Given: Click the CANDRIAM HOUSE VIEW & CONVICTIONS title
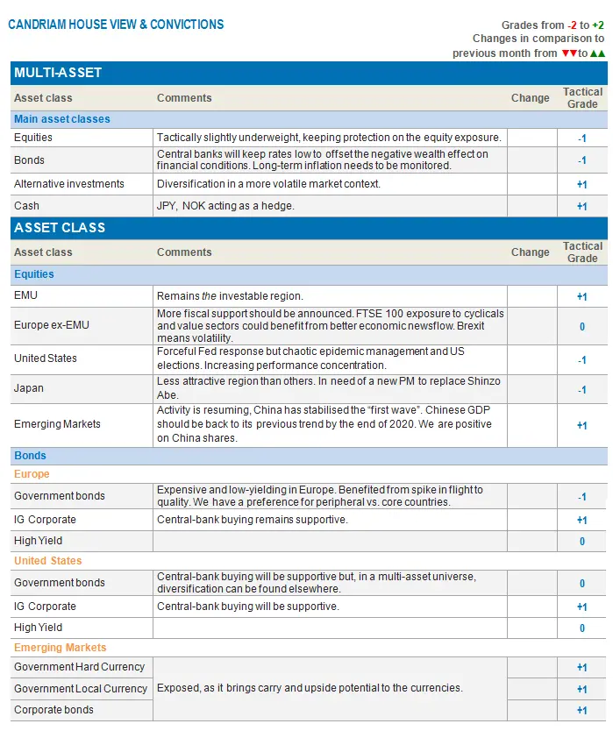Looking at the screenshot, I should point(116,25).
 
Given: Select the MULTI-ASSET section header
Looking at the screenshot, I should point(58,73).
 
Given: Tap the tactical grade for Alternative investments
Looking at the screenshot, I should point(582,185).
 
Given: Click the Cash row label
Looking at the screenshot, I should point(26,206).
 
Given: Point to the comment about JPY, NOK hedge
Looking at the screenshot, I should point(225,206).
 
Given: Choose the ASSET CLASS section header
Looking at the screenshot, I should point(60,228).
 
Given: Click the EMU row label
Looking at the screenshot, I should point(25,296).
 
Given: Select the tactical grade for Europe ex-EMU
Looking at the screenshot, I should point(582,326).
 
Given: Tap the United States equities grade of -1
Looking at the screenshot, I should point(582,359).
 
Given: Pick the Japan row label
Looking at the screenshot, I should point(29,388).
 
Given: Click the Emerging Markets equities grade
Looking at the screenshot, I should point(582,425).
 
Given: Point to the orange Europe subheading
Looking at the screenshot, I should point(32,474).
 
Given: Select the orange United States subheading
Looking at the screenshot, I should point(47,561).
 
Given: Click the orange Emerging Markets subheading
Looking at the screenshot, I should point(60,648).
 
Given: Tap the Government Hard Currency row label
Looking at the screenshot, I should point(79,667).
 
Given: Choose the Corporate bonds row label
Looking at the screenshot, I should point(53,710).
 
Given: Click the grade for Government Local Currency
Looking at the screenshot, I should point(582,689).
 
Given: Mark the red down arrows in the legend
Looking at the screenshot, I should point(568,53).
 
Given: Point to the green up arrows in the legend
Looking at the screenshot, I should point(597,53).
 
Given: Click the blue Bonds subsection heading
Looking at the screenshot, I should point(30,456).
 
